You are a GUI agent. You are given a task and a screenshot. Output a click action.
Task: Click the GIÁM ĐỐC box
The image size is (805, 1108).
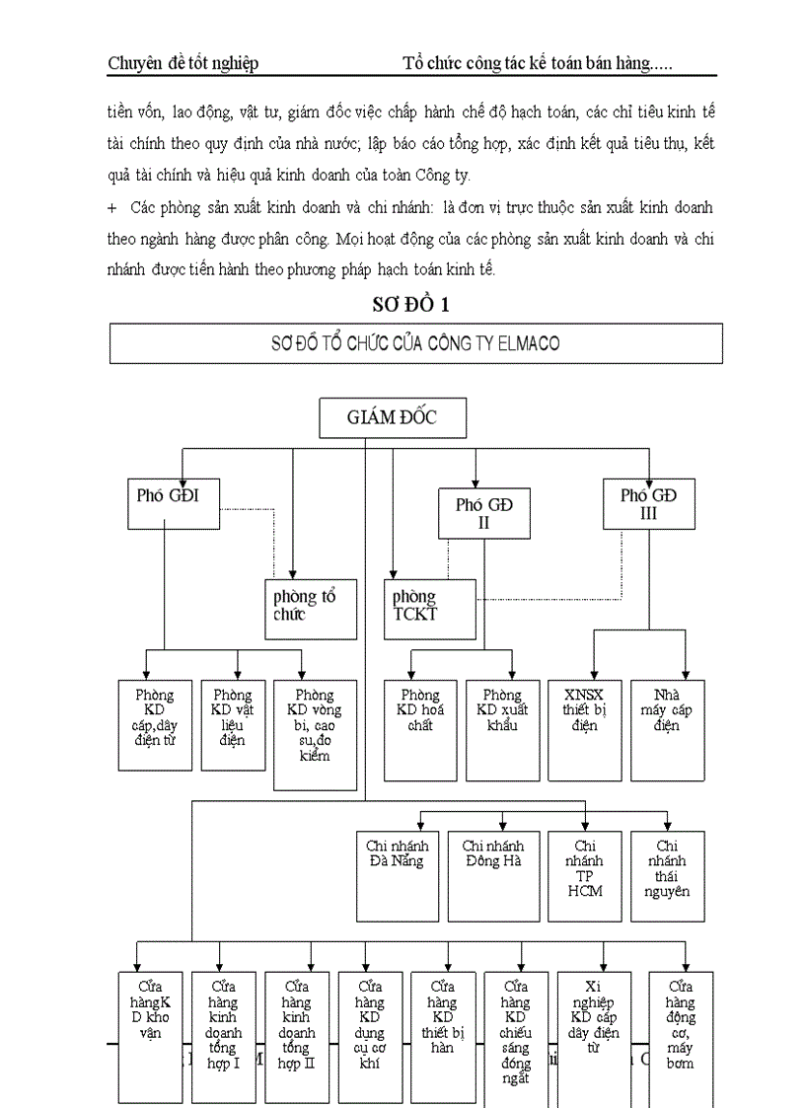pos(392,418)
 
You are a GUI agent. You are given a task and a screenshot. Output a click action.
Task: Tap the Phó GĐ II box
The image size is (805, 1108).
pos(484,514)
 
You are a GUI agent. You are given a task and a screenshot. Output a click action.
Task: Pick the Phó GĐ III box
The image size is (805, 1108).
pos(647,504)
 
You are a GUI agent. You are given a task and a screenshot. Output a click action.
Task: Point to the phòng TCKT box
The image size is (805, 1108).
pos(430,607)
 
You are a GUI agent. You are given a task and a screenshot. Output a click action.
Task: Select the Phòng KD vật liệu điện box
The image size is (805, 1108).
pos(233,724)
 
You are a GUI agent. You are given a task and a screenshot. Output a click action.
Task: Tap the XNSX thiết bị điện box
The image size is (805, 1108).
pos(586,724)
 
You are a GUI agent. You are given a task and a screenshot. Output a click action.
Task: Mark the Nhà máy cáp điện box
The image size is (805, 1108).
pos(667,724)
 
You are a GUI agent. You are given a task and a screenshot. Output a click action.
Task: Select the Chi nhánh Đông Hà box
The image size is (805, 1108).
pos(493,875)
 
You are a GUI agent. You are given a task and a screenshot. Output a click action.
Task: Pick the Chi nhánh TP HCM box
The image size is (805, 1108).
pos(586,875)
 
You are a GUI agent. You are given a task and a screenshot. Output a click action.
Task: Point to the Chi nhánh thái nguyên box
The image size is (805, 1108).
pos(668,875)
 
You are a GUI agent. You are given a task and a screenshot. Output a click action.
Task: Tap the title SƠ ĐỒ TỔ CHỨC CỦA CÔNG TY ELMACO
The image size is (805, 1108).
pos(415,343)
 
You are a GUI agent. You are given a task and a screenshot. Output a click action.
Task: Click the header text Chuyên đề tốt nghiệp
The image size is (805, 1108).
pos(183,64)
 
